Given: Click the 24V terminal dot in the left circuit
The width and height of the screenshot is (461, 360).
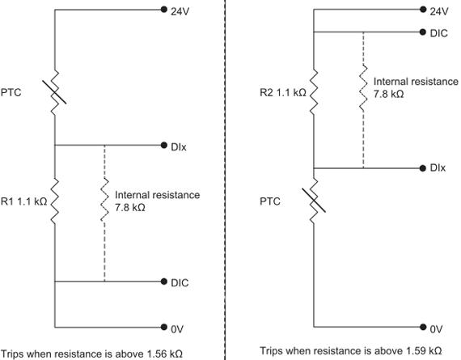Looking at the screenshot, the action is point(164,10).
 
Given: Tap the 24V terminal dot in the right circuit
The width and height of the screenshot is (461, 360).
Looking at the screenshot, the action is point(423,10).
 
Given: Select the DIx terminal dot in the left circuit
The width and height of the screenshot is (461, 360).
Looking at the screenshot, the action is point(164,145).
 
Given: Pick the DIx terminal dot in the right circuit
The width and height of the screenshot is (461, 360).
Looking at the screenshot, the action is point(423,168).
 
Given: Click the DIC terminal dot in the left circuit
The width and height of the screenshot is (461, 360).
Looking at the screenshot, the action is point(164,282).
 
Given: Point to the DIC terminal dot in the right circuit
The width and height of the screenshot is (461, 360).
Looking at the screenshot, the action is point(423,32).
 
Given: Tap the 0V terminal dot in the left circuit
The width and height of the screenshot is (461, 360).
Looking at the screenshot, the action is point(164,327).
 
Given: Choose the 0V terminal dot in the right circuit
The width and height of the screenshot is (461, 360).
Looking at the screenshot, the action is point(423,327).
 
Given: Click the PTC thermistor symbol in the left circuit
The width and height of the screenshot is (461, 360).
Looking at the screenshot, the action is point(55,92).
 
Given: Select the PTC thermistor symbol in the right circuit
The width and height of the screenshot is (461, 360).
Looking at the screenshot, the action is point(314,201).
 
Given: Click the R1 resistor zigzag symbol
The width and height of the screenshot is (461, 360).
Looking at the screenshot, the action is point(55,201).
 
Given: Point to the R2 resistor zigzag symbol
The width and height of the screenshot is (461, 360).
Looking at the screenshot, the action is point(314,91).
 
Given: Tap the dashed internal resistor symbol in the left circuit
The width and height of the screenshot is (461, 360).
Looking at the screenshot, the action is point(104,200).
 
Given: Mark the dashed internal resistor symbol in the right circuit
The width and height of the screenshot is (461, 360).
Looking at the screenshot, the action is point(363,88).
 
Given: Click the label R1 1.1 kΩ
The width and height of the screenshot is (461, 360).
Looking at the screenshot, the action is point(23,201).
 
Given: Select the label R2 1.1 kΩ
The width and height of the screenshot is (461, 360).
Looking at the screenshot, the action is point(283,93).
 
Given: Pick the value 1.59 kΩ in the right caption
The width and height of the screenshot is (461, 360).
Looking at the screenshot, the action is point(425,351).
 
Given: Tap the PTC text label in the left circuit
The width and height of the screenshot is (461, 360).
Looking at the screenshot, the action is point(11,93).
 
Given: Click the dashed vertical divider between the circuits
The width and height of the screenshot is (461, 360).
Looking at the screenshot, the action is point(225,180).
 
